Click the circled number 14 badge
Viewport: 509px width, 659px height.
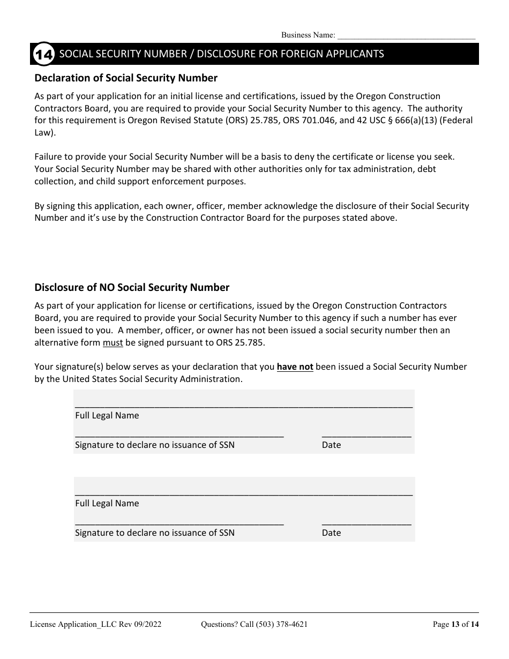[x=43, y=55]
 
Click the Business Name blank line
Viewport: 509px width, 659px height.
[x=406, y=35]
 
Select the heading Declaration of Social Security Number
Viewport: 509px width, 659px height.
[x=126, y=78]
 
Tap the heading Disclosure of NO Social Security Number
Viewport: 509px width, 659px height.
[x=132, y=288]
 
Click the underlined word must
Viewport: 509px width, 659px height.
[x=113, y=342]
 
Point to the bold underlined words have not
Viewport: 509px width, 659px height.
[x=295, y=367]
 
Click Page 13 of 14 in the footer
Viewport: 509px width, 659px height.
[x=455, y=624]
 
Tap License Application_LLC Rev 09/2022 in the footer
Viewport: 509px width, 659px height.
[x=95, y=624]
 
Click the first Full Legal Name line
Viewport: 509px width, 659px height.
[x=244, y=405]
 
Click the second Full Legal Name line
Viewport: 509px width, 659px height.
[x=244, y=493]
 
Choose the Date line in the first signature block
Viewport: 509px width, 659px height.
[x=366, y=435]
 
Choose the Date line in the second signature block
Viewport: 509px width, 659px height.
[x=366, y=522]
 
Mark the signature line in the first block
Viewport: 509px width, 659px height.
[x=179, y=435]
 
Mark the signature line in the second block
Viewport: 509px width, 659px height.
[x=179, y=522]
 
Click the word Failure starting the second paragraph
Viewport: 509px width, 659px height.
[x=49, y=157]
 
